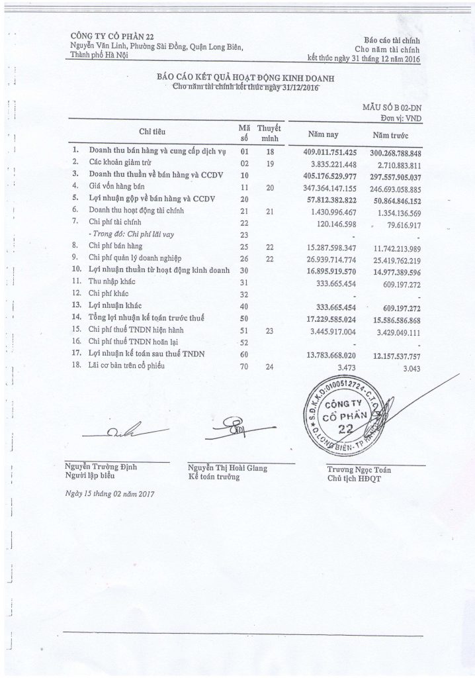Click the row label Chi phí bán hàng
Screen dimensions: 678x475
[115, 246]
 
